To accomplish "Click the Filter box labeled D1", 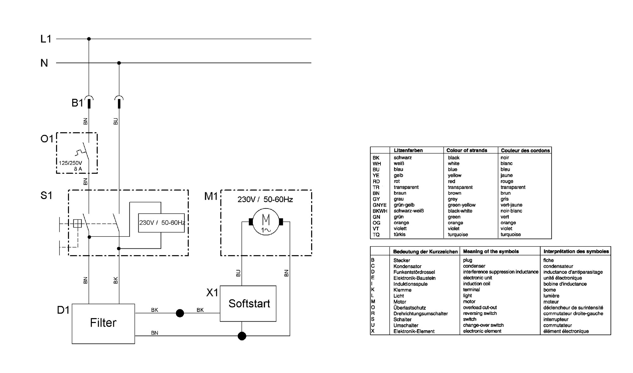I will point(103,324).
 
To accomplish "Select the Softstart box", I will point(248,304).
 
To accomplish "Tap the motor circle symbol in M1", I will point(266,222).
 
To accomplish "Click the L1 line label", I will point(46,39).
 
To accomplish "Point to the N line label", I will point(44,63).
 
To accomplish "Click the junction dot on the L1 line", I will point(89,39).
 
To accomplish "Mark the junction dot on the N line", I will point(119,63).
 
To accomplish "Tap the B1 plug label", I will point(77,103).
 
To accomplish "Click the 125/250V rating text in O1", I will point(70,163).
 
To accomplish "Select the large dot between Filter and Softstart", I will point(180,313).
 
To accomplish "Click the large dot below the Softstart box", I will point(242,336).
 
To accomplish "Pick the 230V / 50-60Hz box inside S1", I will point(161,223).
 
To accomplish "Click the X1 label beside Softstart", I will point(212,293).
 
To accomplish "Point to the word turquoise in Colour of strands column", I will point(458,235).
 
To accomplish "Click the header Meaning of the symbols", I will point(491,251).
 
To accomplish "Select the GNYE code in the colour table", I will point(379,205).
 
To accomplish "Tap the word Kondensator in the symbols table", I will point(407,267).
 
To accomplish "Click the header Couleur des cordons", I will point(525,151).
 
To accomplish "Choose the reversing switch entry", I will point(480,313).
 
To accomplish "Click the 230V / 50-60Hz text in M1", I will point(265,200).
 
